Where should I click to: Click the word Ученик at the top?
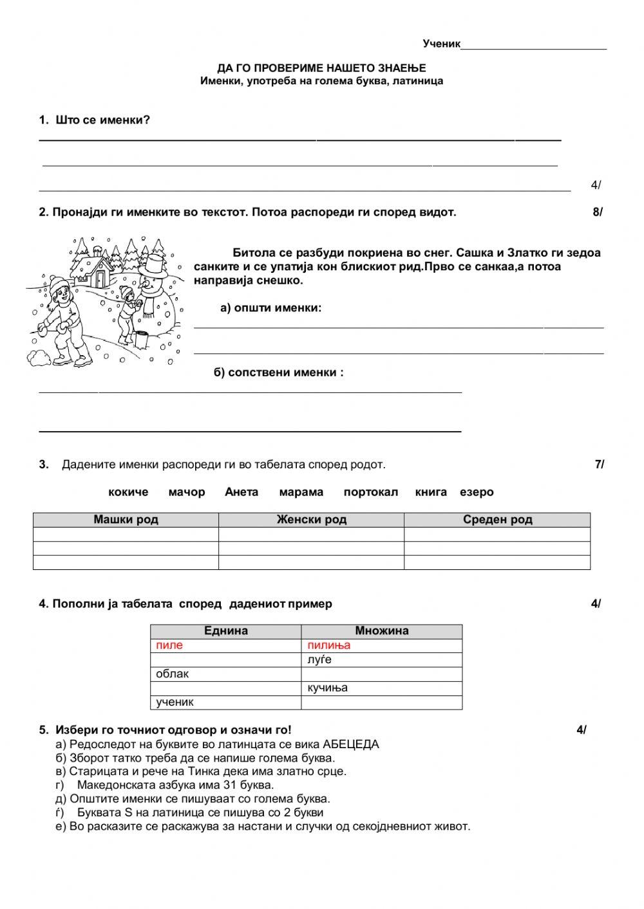[x=441, y=44]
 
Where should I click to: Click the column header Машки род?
[x=126, y=520]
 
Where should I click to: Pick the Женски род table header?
[x=311, y=520]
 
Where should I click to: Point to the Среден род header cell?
[x=497, y=520]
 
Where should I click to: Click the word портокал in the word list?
[x=370, y=492]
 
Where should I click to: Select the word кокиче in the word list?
[x=128, y=492]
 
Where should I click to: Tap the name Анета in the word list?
[x=241, y=492]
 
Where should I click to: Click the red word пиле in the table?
[x=169, y=645]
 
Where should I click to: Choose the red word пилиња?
[x=328, y=645]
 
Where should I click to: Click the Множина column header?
[x=381, y=631]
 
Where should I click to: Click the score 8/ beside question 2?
[x=597, y=212]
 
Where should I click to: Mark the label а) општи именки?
[x=270, y=308]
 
